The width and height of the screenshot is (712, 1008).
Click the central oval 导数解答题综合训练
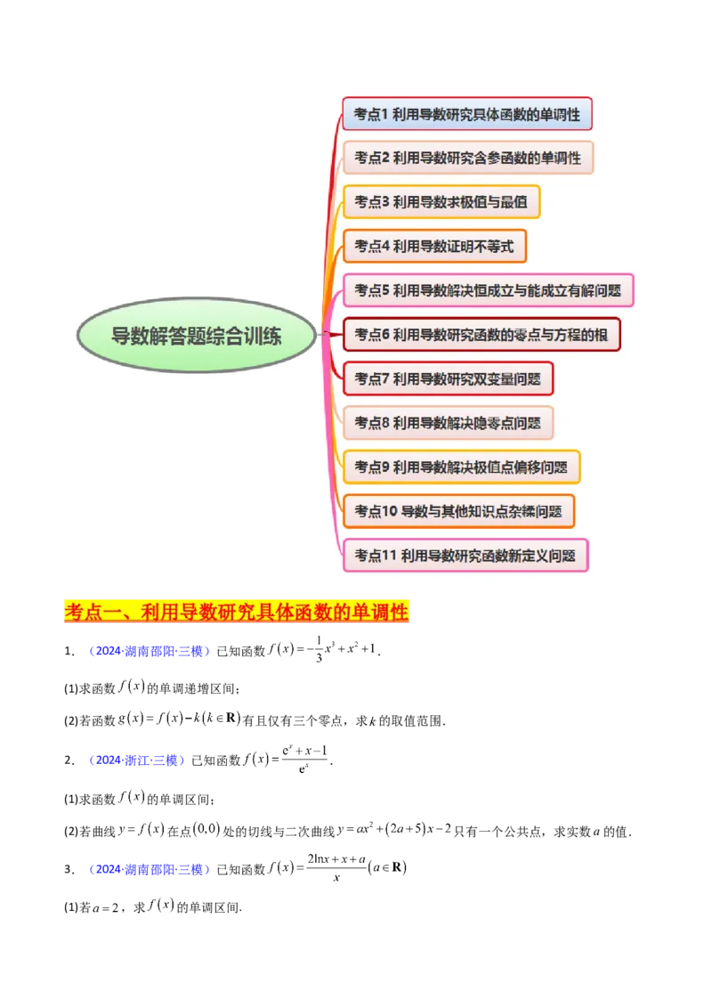point(197,336)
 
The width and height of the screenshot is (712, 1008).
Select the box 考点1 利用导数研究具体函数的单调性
point(467,115)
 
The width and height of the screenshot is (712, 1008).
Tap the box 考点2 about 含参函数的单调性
point(467,158)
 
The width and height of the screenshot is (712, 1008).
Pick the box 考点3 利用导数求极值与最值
point(441,201)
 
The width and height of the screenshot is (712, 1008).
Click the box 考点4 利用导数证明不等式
point(434,246)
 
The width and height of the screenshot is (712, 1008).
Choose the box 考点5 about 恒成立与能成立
point(488,290)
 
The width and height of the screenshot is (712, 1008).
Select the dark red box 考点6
point(481,335)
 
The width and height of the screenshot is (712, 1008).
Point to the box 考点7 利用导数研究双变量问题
point(448,378)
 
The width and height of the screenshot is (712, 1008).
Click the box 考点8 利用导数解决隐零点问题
point(448,422)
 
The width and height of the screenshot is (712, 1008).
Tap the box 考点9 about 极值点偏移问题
point(461,467)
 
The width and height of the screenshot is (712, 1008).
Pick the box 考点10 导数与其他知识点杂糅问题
point(458,511)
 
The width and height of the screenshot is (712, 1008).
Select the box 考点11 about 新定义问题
point(465,556)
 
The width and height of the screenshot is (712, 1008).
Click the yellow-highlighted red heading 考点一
point(237,613)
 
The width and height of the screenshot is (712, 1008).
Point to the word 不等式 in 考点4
point(493,246)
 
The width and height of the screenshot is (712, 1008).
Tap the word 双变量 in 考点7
point(482,378)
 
